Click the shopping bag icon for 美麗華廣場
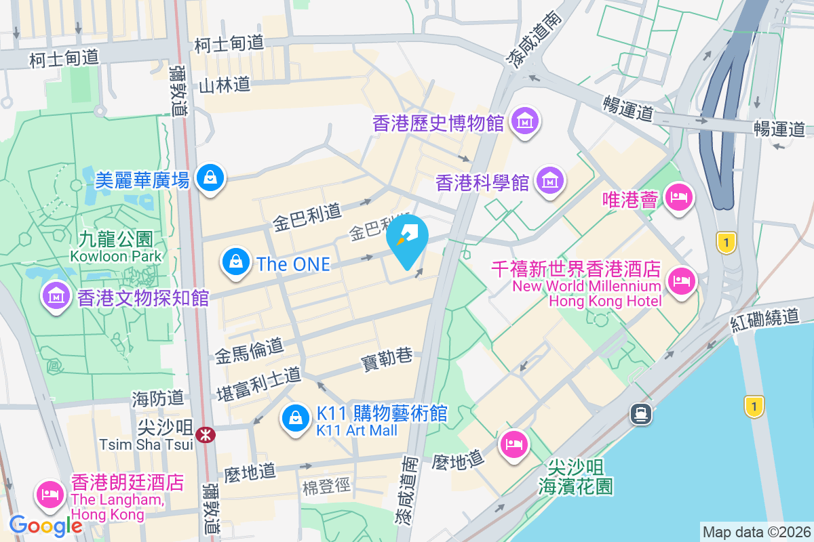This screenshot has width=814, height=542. point(210,178)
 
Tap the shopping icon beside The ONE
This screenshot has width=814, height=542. point(235,261)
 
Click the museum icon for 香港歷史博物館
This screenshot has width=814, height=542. point(524,121)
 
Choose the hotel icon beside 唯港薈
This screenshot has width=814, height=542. point(678,198)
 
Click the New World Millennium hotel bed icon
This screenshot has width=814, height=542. point(680,280)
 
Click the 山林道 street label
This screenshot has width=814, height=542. point(225,85)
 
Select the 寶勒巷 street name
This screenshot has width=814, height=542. point(387,357)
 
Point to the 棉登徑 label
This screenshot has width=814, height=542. point(326,486)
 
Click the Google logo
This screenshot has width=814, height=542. point(46,525)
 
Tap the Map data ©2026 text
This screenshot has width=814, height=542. point(756,532)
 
